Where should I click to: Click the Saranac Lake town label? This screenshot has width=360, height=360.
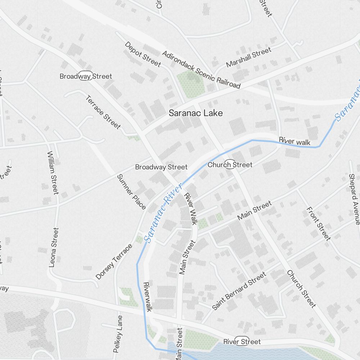(196, 113)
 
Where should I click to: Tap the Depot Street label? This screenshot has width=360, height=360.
(143, 54)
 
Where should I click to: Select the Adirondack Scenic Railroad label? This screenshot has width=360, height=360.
(201, 70)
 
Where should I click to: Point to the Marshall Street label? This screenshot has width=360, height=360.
(248, 58)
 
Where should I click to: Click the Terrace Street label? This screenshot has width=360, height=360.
(103, 112)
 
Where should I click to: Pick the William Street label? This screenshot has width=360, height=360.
(53, 172)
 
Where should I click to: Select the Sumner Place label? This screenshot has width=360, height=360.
(131, 192)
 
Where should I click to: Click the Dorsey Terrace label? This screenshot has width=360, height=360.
(114, 262)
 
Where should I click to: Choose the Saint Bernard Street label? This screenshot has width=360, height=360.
(239, 291)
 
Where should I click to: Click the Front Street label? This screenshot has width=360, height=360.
(318, 224)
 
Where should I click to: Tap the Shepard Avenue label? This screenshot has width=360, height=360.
(354, 199)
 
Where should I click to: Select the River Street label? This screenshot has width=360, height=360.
(242, 341)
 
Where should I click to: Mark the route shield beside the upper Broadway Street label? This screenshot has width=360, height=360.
(86, 76)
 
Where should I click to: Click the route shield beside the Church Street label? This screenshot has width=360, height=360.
(230, 164)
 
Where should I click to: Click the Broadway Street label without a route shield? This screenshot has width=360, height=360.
(161, 167)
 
